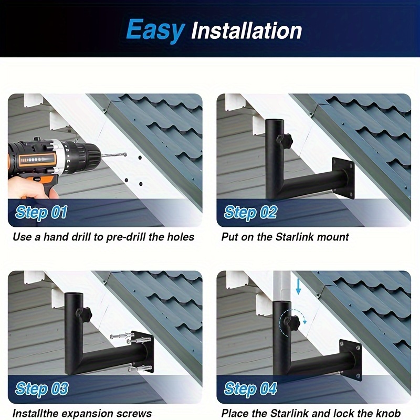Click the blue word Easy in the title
point(155,31)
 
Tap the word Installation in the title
point(246,31)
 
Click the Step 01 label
point(41,212)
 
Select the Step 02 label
point(250,212)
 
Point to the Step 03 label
point(41,388)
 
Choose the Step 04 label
point(250,388)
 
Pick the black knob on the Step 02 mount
point(285,140)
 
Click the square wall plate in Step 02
point(343,178)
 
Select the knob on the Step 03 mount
point(84,313)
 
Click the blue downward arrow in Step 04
point(298,287)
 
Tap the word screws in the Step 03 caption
point(136,413)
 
